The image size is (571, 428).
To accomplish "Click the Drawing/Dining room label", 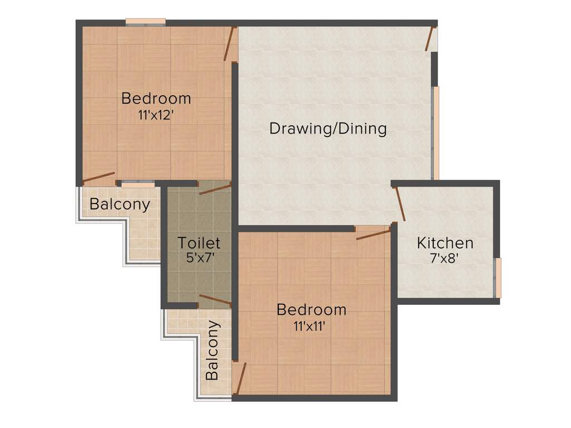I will tap(328, 129).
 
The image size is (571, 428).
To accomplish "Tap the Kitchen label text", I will tap(446, 243).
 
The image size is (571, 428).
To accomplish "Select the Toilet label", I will tap(199, 243).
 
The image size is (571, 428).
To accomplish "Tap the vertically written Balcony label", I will tap(212, 350).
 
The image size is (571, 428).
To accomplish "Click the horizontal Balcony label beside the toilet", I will tap(120, 205).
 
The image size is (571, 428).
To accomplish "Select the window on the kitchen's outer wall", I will tap(499, 277).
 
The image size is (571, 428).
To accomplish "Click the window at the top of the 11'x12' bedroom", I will tap(146, 22).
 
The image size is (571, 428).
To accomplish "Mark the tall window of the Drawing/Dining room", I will tap(435, 133).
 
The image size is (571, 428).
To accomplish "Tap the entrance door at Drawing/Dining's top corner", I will tap(430, 38).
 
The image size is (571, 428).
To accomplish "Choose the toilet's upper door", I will tap(215, 188).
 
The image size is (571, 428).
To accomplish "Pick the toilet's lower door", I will tap(215, 300).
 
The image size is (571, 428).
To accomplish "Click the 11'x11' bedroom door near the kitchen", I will tap(374, 234).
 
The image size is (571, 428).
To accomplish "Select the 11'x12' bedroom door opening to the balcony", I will tap(99, 178).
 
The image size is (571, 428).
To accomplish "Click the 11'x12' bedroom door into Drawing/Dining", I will tap(229, 43).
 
